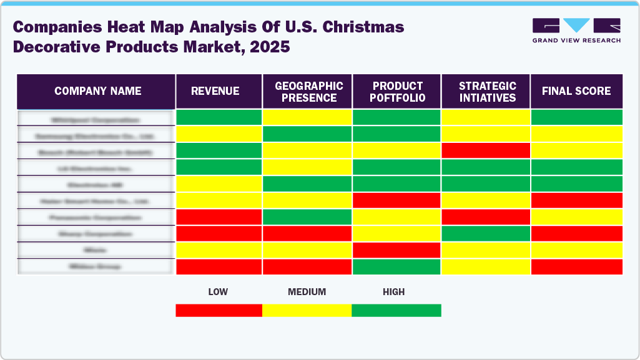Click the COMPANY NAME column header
[97, 91]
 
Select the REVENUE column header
[215, 91]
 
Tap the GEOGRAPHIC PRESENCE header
[309, 92]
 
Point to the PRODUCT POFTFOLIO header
[398, 92]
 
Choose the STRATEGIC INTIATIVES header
[487, 92]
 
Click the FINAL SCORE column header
[576, 91]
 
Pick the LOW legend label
[218, 291]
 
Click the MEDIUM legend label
[307, 291]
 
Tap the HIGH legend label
[394, 291]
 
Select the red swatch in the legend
[219, 310]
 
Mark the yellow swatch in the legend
[307, 310]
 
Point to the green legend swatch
[396, 310]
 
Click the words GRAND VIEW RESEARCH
[576, 41]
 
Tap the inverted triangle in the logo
[576, 26]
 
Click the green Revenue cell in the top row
[219, 117]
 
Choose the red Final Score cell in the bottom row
[576, 266]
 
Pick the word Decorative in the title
[55, 47]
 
